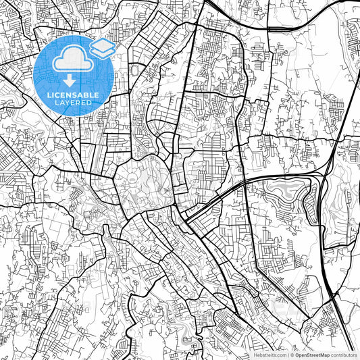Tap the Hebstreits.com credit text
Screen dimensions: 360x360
[x=269, y=355]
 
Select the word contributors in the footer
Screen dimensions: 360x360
[x=344, y=355]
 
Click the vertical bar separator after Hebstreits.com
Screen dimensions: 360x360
[x=287, y=355]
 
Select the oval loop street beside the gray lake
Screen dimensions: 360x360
[x=311, y=198]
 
